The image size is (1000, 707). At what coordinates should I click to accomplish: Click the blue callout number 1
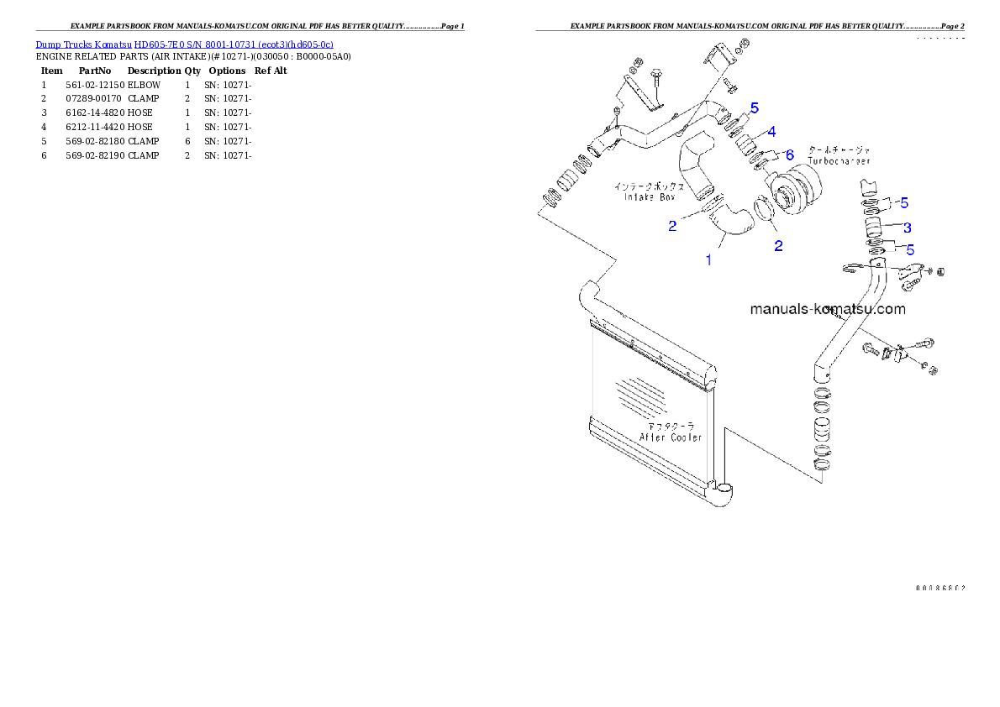(x=708, y=260)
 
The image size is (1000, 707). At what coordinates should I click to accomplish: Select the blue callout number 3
(x=908, y=228)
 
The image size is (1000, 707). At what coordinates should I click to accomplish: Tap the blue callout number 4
(x=771, y=132)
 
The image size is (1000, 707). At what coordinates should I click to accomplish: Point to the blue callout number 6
(x=789, y=155)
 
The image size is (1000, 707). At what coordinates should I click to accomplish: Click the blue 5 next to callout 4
(x=754, y=108)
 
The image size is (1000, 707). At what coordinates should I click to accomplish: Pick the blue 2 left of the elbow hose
(x=672, y=226)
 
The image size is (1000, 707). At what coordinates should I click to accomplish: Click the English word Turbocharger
(x=839, y=160)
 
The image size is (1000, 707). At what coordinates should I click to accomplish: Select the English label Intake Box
(x=649, y=197)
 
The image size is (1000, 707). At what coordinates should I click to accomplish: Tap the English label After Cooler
(x=670, y=437)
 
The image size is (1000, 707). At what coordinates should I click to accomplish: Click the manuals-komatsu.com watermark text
(x=828, y=309)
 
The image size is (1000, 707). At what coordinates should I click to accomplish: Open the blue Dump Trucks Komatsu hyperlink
(x=184, y=44)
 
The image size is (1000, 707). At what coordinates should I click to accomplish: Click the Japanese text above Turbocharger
(x=838, y=149)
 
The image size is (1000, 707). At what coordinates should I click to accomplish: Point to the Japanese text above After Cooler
(x=672, y=427)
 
